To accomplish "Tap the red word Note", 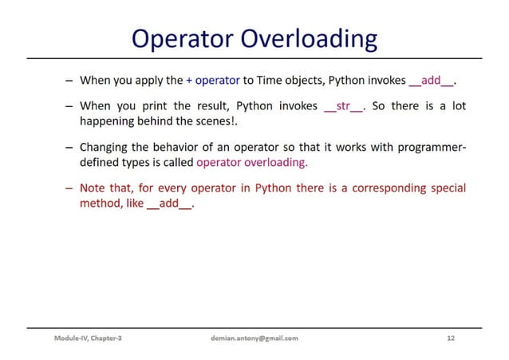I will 93,188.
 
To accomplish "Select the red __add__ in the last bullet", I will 171,204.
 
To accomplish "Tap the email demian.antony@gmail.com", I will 251,338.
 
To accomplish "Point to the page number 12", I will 452,338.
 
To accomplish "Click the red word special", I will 446,188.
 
